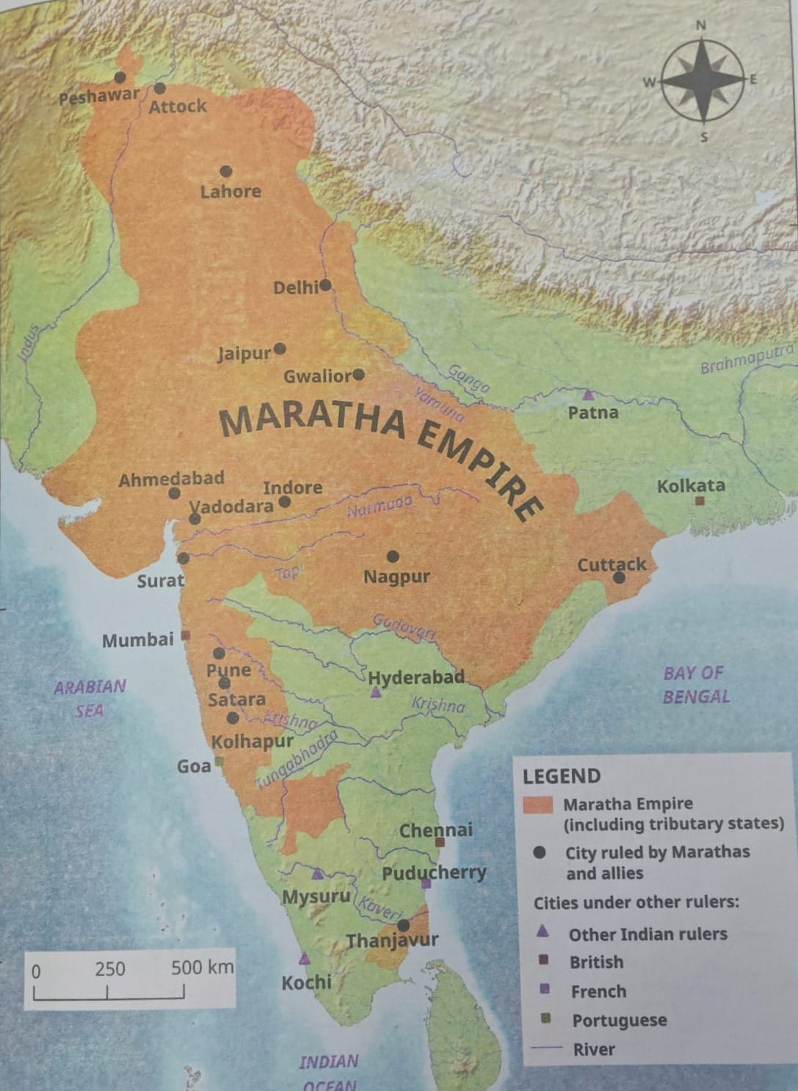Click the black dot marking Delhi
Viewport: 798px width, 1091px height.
[325, 285]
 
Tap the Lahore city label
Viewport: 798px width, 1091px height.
[231, 192]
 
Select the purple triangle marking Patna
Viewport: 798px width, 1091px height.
[588, 395]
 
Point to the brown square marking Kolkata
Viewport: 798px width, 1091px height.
[700, 501]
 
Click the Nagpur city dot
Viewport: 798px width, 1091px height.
[393, 557]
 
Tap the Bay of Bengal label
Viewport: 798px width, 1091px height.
[694, 684]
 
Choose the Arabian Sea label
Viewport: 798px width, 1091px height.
[90, 697]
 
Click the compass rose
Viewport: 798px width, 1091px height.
[702, 81]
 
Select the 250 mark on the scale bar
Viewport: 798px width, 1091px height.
[109, 968]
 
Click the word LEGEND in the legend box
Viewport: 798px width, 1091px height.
[561, 776]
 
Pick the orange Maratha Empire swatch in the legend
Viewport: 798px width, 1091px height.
[537, 804]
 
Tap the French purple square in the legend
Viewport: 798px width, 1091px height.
[544, 990]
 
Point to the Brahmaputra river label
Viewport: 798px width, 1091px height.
[745, 358]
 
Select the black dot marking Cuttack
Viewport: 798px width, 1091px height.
[620, 578]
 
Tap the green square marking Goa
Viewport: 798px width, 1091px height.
[218, 762]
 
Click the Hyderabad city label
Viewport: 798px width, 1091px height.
[416, 677]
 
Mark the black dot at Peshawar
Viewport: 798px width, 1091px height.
[120, 77]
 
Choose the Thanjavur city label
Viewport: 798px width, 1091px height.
[392, 940]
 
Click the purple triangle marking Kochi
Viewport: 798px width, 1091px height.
[305, 959]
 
